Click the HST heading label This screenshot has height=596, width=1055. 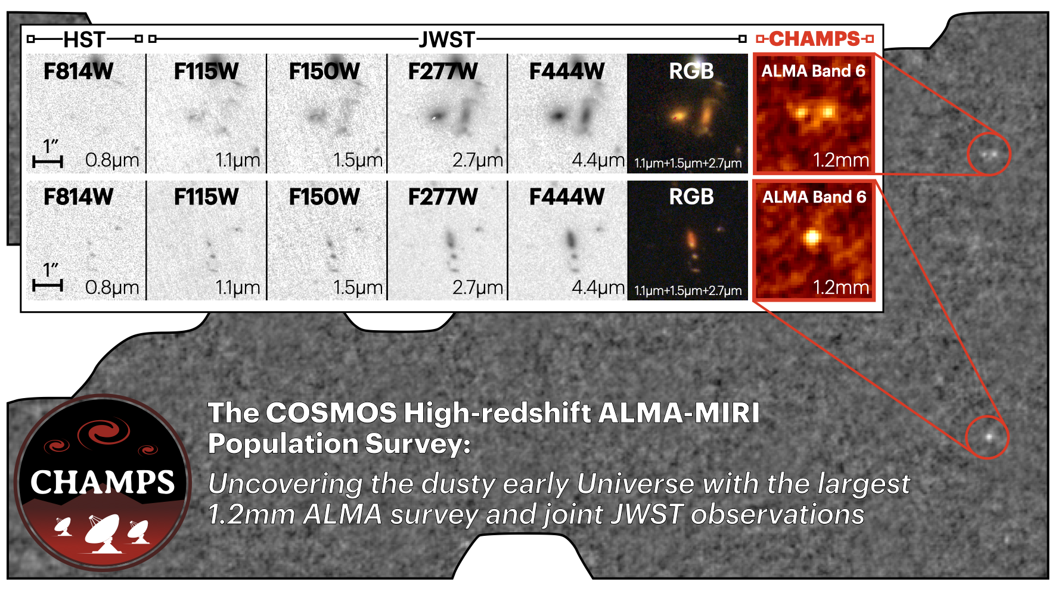pyautogui.click(x=84, y=39)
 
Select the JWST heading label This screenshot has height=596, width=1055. pyautogui.click(x=446, y=39)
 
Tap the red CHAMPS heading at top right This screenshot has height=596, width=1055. pyautogui.click(x=814, y=39)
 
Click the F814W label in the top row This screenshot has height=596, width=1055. pyautogui.click(x=78, y=72)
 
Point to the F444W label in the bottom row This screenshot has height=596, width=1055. pyautogui.click(x=567, y=197)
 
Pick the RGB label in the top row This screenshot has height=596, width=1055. pyautogui.click(x=691, y=72)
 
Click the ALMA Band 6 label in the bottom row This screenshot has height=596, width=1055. pyautogui.click(x=814, y=197)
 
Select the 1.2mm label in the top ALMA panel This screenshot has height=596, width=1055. pyautogui.click(x=841, y=160)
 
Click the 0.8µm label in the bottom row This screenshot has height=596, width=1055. pyautogui.click(x=112, y=288)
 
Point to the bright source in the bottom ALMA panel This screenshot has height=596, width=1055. pyautogui.click(x=811, y=237)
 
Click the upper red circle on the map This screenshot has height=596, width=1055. pyautogui.click(x=989, y=154)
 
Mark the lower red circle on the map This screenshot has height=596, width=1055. pyautogui.click(x=988, y=437)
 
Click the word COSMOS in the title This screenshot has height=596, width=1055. pyautogui.click(x=331, y=413)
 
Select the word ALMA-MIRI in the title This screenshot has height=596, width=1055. pyautogui.click(x=679, y=413)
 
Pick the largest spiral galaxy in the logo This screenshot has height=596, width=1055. pyautogui.click(x=105, y=432)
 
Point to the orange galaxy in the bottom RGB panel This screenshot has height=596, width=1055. pyautogui.click(x=691, y=240)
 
